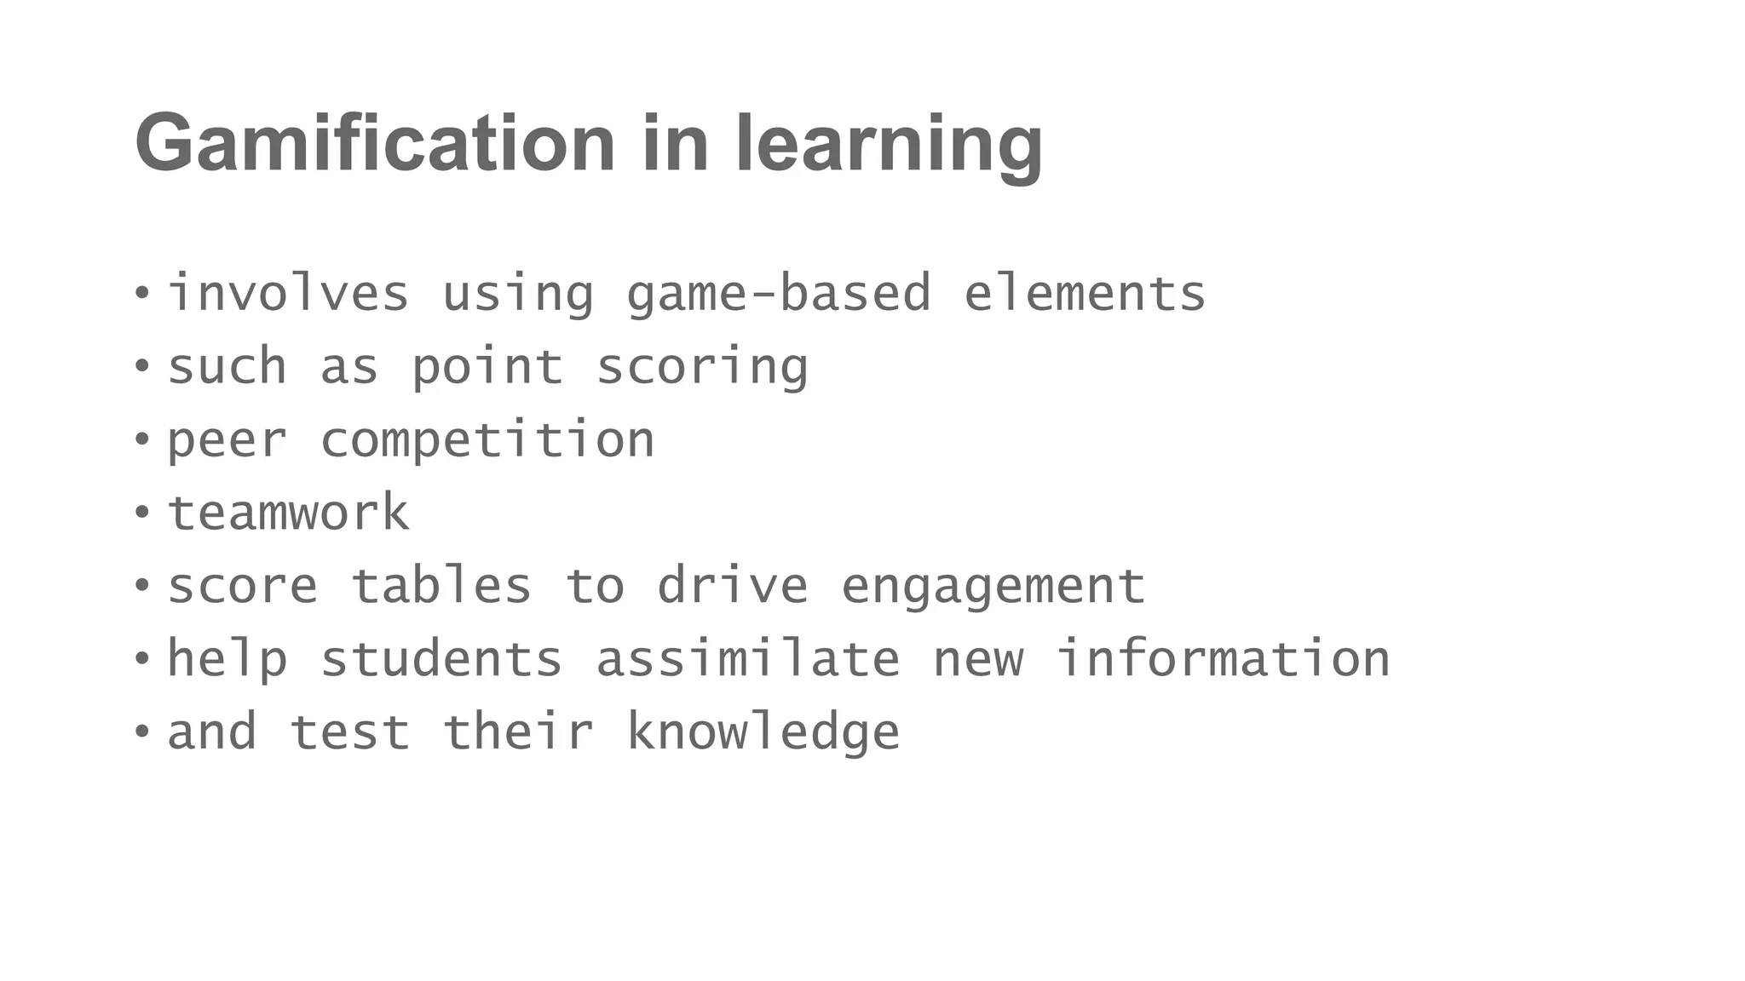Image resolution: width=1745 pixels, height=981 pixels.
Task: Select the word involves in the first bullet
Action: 288,294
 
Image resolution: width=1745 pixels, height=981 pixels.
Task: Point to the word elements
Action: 1084,294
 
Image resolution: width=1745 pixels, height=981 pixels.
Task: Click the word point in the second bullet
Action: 487,368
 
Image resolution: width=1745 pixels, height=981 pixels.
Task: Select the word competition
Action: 487,440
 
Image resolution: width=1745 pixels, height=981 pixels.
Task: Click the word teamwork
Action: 288,513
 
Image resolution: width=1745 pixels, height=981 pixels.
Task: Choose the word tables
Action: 441,586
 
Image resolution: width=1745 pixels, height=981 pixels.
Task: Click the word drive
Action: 732,586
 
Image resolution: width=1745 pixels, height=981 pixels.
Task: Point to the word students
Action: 441,659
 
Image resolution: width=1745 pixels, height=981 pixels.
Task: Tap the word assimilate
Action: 747,659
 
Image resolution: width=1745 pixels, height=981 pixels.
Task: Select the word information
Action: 1223,659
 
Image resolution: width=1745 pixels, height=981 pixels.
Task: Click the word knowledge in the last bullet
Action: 763,733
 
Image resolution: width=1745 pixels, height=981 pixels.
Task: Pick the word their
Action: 518,732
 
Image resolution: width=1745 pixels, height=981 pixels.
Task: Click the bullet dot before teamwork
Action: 142,513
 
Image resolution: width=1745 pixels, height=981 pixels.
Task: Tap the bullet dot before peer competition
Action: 142,439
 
